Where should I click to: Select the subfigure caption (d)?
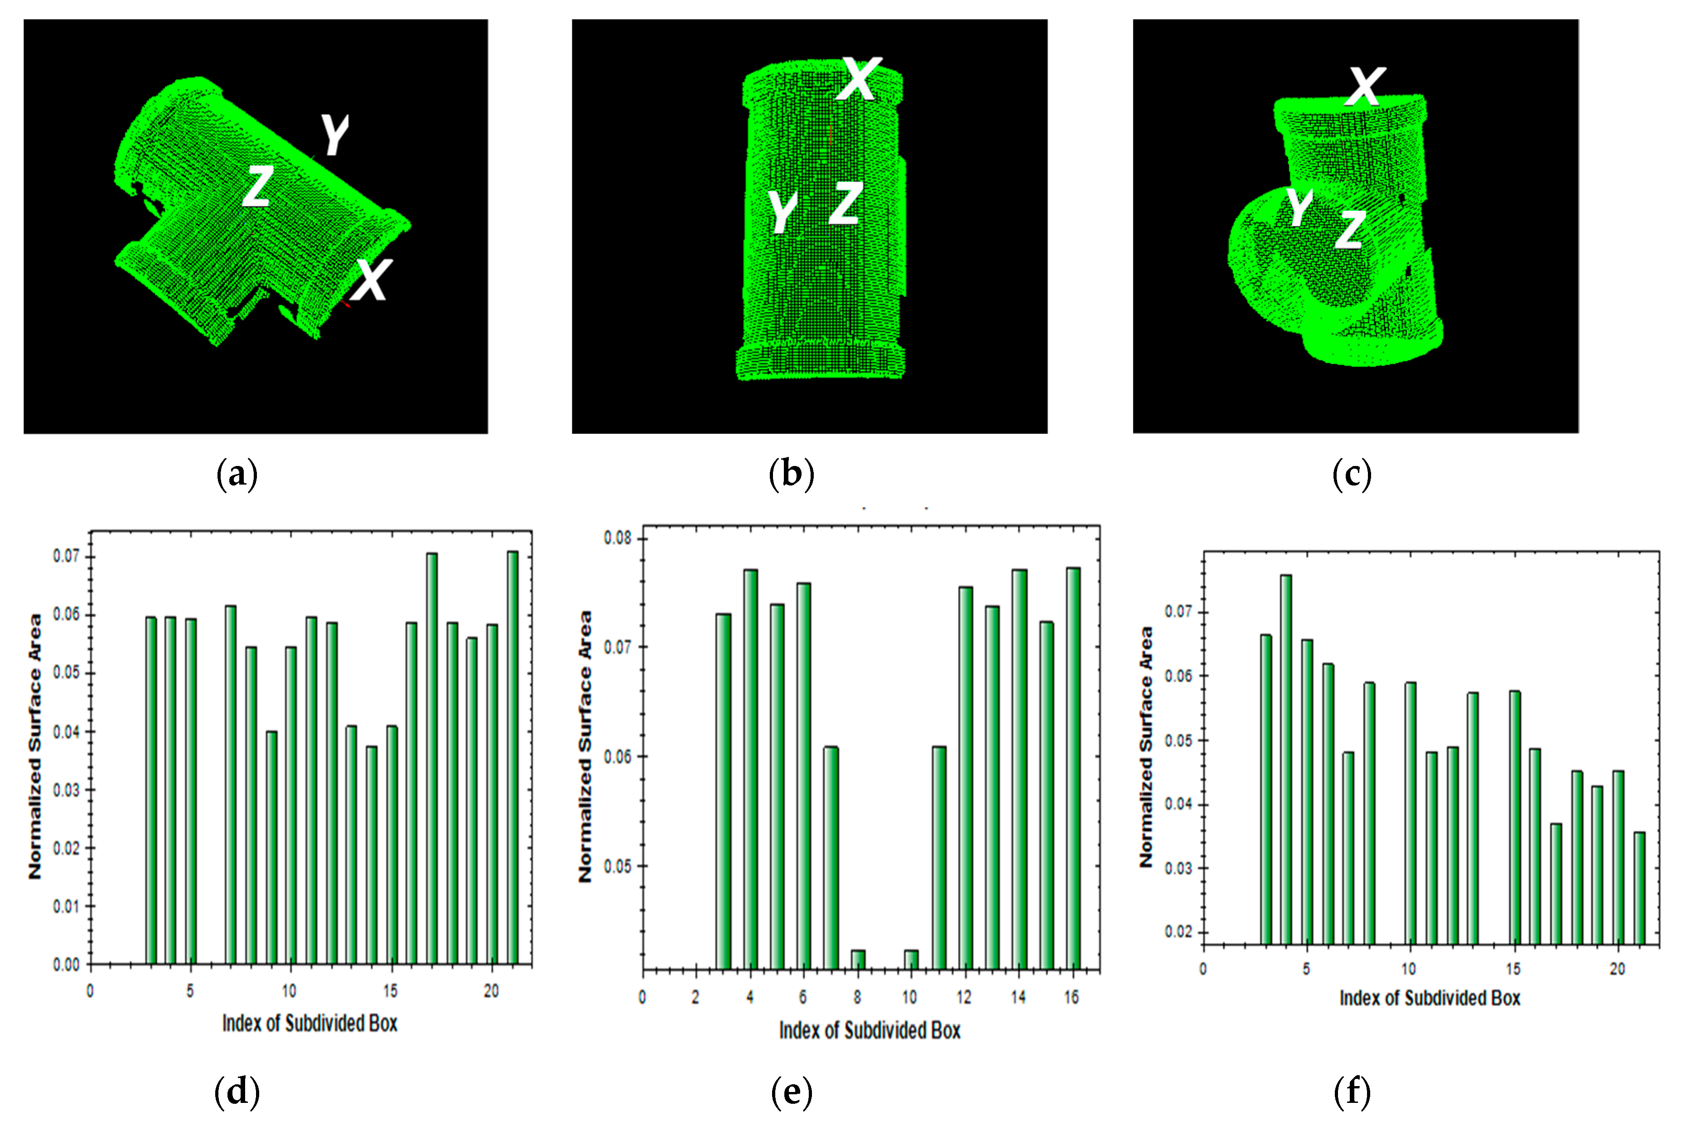pos(237,1092)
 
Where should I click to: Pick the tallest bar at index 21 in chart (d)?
pos(512,757)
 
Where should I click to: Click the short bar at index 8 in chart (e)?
pos(858,959)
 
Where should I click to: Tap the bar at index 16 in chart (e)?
pos(1073,768)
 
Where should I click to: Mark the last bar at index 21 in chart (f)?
pos(1639,888)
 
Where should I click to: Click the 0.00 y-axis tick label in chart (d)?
pos(66,965)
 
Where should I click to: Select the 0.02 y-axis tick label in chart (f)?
pos(1178,932)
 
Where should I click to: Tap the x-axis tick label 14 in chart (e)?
pos(1018,997)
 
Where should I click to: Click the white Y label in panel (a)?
pos(334,134)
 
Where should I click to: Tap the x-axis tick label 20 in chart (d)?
pos(491,991)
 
